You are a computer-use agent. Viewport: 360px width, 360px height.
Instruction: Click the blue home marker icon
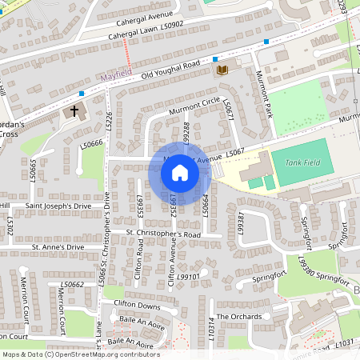point(180,172)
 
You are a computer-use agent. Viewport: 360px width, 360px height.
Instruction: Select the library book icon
point(222,70)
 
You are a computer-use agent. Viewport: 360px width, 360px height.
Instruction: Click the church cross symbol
point(75,110)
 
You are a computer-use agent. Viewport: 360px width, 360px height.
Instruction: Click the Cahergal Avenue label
point(142,15)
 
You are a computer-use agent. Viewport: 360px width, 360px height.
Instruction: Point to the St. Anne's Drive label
point(58,248)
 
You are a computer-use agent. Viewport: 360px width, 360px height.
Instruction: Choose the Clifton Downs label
point(138,305)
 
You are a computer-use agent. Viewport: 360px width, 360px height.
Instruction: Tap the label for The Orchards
point(238,317)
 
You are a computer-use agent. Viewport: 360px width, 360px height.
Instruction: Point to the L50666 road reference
point(91,144)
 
